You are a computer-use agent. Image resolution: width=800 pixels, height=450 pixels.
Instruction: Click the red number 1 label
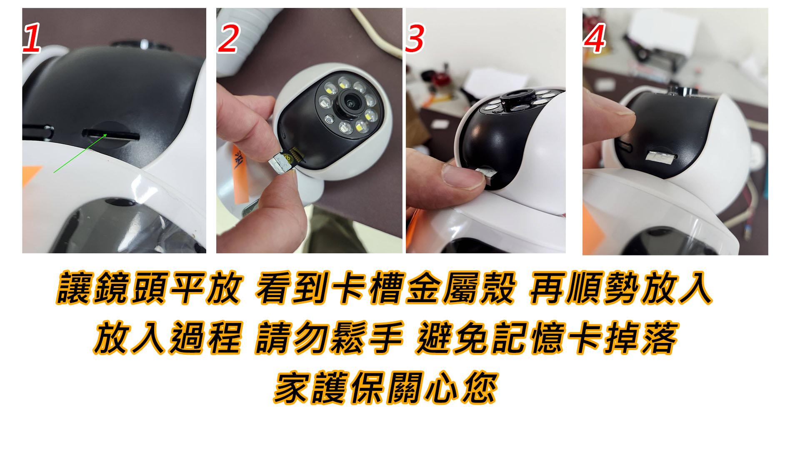32,38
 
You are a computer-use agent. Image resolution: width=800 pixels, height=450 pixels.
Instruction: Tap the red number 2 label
228,38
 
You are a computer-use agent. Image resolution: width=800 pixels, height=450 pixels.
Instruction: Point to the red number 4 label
595,38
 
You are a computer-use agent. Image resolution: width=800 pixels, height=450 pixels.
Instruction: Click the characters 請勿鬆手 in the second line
329,338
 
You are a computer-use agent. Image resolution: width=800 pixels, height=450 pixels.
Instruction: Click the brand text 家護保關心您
386,388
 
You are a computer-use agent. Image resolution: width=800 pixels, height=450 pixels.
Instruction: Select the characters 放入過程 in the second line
167,338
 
